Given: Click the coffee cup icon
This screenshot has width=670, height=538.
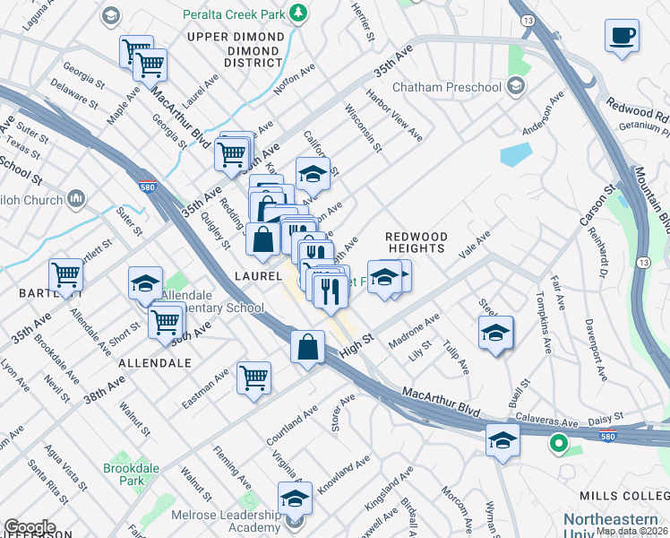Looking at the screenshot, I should [x=623, y=37].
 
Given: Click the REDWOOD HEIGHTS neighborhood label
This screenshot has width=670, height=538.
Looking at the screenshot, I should [x=415, y=241].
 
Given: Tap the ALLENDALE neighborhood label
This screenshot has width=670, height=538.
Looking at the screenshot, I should [x=155, y=363].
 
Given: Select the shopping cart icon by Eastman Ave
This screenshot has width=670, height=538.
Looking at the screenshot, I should [x=253, y=377].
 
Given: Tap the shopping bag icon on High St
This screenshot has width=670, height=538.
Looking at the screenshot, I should [x=307, y=347].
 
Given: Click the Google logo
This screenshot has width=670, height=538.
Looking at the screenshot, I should [x=30, y=527].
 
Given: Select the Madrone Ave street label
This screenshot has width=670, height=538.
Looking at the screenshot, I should [x=413, y=326].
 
